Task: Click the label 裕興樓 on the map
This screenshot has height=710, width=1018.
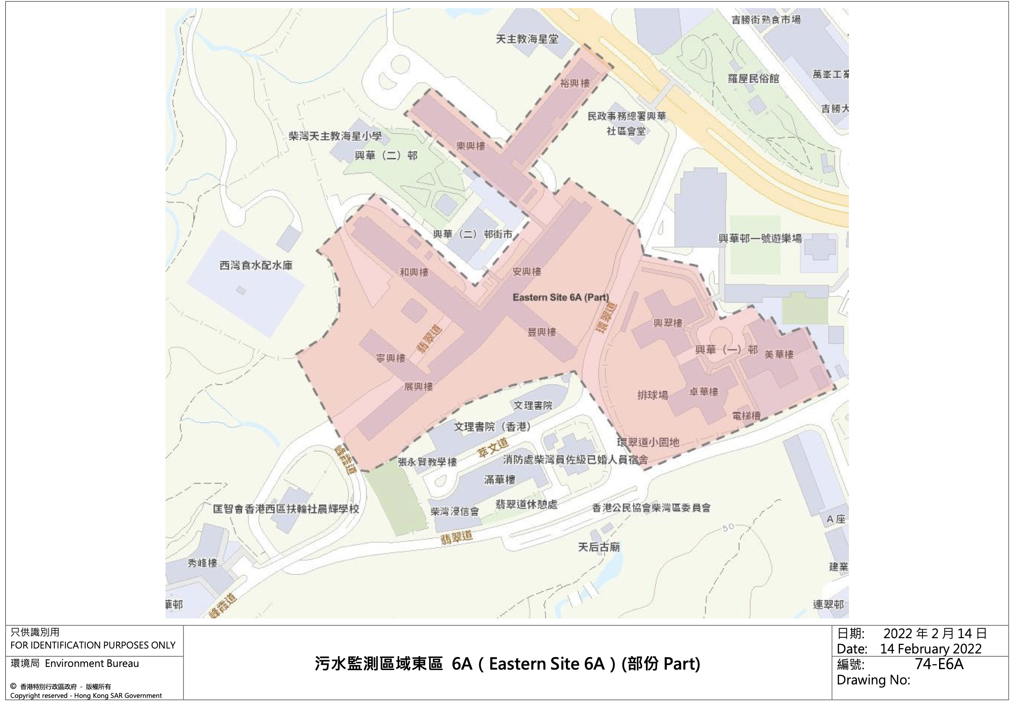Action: tap(574, 83)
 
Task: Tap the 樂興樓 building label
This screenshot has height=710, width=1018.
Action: tap(470, 146)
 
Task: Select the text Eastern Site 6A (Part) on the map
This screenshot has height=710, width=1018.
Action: tap(561, 297)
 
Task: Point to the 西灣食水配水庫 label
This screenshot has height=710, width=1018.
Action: tap(256, 265)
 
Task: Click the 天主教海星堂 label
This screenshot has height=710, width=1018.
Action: tap(527, 39)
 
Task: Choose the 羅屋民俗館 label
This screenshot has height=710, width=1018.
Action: tap(753, 79)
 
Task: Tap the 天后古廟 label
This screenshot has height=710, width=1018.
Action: tap(599, 547)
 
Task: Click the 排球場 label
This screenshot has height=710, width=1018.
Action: tap(653, 395)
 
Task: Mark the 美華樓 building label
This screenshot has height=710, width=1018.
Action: tap(779, 355)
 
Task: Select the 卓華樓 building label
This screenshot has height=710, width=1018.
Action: tap(704, 392)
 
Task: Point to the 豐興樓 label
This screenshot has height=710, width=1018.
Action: tap(542, 332)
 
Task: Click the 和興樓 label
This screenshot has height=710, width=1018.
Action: tap(414, 272)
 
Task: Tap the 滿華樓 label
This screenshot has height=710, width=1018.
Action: tap(500, 480)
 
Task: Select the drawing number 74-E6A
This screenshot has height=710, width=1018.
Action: tap(939, 664)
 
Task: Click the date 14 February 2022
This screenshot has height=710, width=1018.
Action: tap(931, 649)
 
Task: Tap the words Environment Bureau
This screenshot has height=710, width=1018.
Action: tap(92, 663)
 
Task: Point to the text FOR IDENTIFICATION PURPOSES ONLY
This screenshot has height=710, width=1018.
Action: tap(93, 645)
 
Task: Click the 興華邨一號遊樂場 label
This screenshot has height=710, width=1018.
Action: tap(760, 238)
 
